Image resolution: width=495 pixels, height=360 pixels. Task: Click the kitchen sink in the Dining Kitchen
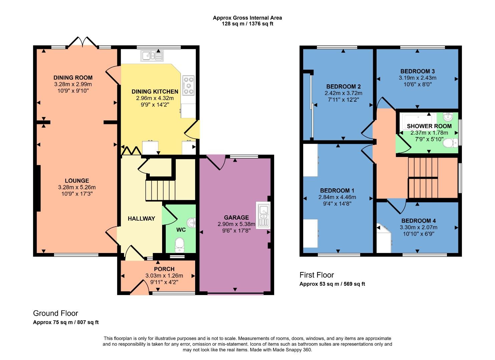152,56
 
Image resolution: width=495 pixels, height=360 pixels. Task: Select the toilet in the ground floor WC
179,245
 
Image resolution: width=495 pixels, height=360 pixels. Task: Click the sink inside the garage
264,215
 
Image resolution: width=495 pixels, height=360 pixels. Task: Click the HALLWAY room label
141,219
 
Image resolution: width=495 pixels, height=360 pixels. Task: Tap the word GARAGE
236,218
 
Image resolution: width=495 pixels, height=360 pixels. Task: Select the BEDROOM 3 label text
417,71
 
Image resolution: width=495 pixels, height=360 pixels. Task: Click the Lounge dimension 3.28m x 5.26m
77,187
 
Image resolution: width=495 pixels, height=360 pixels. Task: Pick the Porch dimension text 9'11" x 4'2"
164,282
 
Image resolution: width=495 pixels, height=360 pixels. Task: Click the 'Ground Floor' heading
55,313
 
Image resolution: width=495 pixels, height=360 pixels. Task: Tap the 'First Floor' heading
317,275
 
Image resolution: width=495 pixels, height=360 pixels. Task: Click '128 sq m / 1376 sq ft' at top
247,24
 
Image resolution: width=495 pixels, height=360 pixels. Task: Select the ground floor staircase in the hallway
160,190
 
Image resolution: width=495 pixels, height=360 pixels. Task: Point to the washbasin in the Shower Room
448,117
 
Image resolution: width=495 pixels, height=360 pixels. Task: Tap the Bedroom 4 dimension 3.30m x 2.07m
418,227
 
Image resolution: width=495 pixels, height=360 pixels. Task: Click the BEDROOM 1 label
337,191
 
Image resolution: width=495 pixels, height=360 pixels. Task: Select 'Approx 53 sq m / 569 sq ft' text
332,284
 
